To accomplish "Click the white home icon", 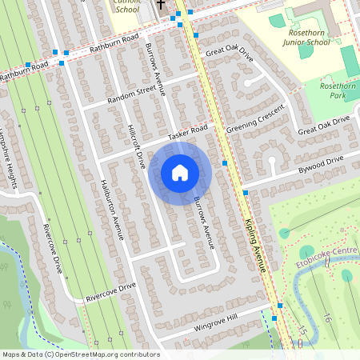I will [180, 173].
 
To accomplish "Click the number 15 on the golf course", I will [302, 328].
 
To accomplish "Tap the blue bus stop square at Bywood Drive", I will [245, 193].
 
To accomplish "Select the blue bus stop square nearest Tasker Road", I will [225, 163].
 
